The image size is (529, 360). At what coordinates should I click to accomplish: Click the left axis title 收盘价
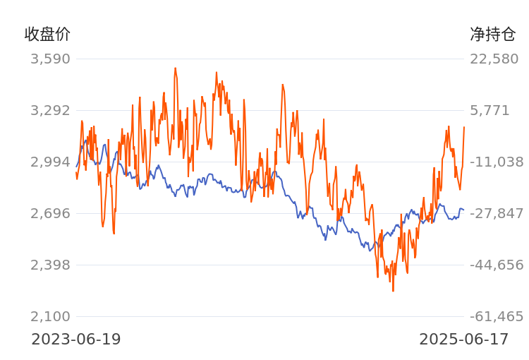47,34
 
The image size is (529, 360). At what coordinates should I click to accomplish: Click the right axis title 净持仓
493,34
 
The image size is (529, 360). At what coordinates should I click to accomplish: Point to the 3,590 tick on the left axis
50,59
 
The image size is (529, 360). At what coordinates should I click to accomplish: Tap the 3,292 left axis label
50,110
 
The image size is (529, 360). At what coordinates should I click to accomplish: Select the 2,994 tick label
50,162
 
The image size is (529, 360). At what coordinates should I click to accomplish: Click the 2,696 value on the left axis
50,213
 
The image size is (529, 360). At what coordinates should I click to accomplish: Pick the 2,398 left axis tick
50,265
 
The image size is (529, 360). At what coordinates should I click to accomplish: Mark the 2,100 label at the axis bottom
50,316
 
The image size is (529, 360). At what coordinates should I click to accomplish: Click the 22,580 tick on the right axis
494,59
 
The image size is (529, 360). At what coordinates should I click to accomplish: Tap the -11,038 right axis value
497,162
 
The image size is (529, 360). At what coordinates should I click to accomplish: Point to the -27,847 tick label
497,213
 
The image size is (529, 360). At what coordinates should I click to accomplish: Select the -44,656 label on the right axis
497,265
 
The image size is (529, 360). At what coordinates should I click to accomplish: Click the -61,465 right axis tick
497,316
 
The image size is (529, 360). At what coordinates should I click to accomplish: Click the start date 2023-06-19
76,340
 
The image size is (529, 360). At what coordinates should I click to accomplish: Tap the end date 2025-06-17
464,340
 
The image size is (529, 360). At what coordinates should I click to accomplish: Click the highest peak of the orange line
175,68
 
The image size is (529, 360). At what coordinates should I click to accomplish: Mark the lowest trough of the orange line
393,291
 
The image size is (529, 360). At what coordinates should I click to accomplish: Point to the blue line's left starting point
76,167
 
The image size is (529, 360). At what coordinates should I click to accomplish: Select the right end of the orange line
464,127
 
